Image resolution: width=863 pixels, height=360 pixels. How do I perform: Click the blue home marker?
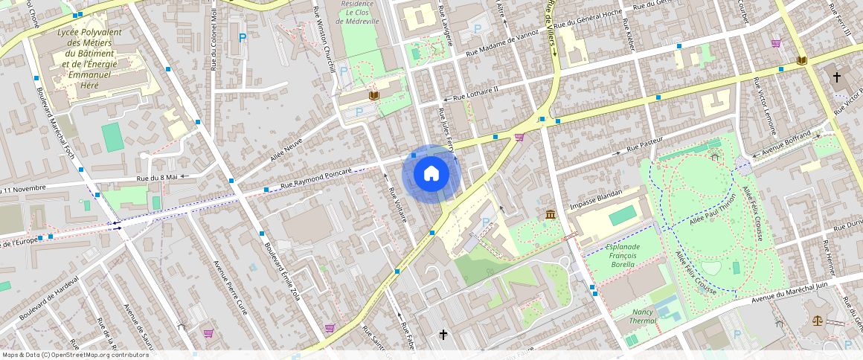431,174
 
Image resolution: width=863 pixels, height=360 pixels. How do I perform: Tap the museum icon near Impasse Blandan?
550,215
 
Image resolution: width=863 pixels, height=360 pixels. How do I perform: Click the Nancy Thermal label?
643,316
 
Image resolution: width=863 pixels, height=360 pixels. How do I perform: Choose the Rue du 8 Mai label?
156,177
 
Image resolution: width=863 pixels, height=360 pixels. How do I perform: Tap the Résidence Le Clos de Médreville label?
357,13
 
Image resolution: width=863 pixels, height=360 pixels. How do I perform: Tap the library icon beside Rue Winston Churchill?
373,95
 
